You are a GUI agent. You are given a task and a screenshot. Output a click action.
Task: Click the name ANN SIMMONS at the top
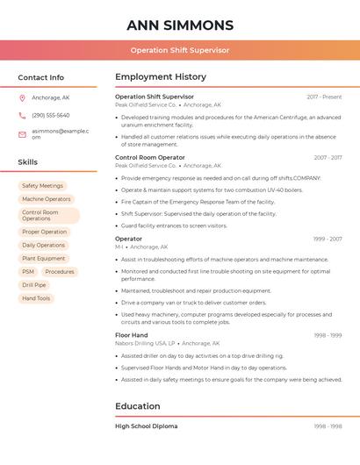tap(180, 25)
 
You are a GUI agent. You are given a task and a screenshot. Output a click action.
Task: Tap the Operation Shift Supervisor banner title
tap(180, 50)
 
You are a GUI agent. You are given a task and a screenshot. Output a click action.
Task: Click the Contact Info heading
tap(40, 77)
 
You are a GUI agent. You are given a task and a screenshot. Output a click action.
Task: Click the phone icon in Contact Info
tap(22, 115)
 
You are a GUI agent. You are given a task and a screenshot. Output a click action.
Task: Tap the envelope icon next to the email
tap(22, 134)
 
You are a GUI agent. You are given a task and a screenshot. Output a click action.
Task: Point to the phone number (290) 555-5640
tap(50, 115)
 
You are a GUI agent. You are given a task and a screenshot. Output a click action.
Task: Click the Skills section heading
tap(27, 162)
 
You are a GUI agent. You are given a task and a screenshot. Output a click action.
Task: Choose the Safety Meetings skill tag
tap(42, 186)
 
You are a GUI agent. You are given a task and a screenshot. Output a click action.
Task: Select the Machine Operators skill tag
tap(46, 199)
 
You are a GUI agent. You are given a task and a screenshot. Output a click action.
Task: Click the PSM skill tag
tap(28, 272)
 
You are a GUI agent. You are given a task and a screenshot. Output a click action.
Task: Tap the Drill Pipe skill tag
tap(34, 285)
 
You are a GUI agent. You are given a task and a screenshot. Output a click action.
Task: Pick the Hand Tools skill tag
tap(36, 298)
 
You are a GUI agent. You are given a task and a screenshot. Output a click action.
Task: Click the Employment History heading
tap(161, 77)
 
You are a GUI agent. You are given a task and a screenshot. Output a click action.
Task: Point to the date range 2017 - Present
tap(324, 97)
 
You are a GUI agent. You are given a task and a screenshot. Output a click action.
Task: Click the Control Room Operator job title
tap(150, 157)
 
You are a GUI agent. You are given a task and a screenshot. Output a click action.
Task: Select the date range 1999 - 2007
tap(327, 239)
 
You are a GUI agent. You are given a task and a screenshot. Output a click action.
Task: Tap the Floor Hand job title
tap(132, 335)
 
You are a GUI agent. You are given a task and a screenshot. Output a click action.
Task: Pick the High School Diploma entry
tap(146, 426)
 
